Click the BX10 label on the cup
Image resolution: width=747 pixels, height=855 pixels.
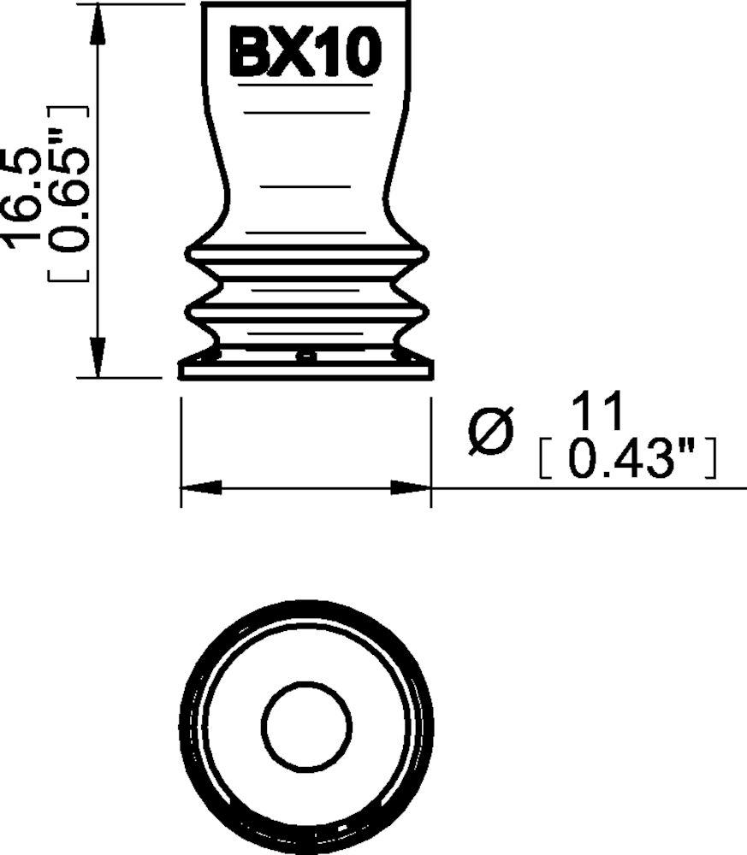point(305,54)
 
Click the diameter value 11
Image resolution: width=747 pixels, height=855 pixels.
point(597,413)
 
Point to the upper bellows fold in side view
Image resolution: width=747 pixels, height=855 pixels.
point(306,255)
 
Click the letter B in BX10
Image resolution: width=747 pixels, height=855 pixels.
point(249,54)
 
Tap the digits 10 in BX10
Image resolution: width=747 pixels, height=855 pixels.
point(353,54)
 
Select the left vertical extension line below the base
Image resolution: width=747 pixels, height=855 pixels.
point(181,453)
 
